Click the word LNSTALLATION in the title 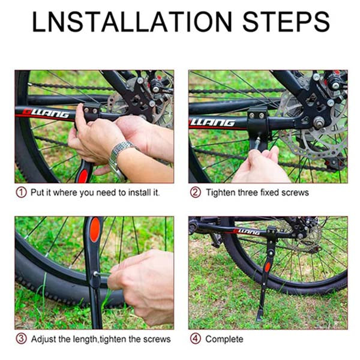click(132, 22)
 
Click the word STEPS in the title click(286, 22)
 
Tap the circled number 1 click(21, 193)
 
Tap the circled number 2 click(196, 193)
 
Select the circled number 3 click(21, 338)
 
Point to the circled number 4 click(196, 338)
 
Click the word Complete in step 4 click(224, 339)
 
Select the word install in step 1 click(136, 193)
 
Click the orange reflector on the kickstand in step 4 click(268, 267)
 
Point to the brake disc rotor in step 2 click(314, 128)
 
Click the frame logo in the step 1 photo click(46, 113)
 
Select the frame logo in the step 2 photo click(212, 123)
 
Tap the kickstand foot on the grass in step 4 click(260, 315)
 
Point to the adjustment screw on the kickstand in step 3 click(95, 274)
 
